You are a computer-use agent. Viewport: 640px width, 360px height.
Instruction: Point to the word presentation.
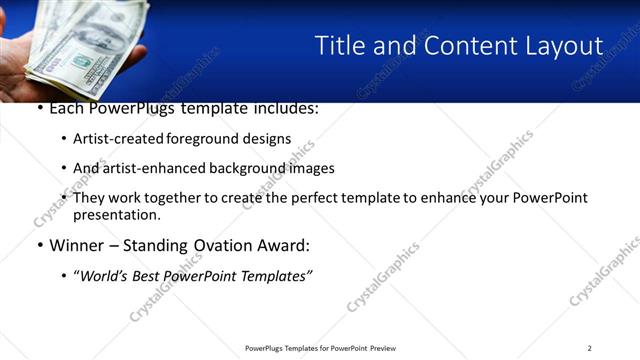pyautogui.click(x=116, y=215)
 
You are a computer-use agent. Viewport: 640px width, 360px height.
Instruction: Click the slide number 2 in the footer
pyautogui.click(x=590, y=348)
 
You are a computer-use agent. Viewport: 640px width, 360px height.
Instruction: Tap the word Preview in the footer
pyautogui.click(x=383, y=348)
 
